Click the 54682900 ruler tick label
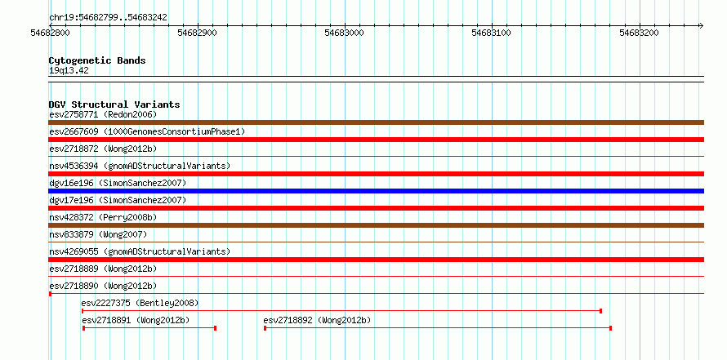pyautogui.click(x=198, y=33)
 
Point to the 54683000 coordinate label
pyautogui.click(x=345, y=33)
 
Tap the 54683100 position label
pyautogui.click(x=492, y=33)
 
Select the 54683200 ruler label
pyautogui.click(x=639, y=33)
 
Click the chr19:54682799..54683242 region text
pyautogui.click(x=108, y=18)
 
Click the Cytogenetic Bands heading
pyautogui.click(x=97, y=60)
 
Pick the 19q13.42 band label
pyautogui.click(x=69, y=71)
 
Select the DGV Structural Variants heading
pyautogui.click(x=114, y=104)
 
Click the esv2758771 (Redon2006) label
pyautogui.click(x=103, y=114)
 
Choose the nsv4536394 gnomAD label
pyautogui.click(x=140, y=166)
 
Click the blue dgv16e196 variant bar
pyautogui.click(x=376, y=191)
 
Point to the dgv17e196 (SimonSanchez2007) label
pyautogui.click(x=118, y=200)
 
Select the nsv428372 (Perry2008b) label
pyautogui.click(x=103, y=217)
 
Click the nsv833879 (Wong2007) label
pyautogui.click(x=98, y=234)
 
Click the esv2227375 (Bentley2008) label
pyautogui.click(x=140, y=304)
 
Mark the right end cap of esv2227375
pyautogui.click(x=601, y=311)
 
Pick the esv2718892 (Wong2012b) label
pyautogui.click(x=317, y=321)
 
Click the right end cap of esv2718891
pyautogui.click(x=215, y=328)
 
